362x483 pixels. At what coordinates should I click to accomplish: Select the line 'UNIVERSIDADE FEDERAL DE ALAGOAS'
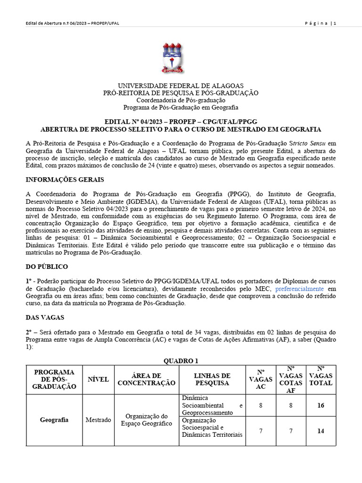click(181, 86)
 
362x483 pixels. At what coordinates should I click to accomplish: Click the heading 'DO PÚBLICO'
click(47, 266)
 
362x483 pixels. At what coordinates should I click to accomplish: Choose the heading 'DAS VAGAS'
click(45, 318)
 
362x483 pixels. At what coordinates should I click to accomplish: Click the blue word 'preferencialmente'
click(299, 288)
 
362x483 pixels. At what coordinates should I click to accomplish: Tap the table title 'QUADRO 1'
click(181, 361)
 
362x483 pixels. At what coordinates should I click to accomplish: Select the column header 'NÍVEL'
click(98, 379)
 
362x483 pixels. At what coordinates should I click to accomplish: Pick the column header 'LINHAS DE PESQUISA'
click(212, 379)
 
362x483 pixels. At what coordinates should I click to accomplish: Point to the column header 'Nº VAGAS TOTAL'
click(321, 376)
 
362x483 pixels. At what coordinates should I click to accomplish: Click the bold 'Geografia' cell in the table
click(54, 420)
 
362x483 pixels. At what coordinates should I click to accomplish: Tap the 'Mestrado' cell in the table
click(98, 420)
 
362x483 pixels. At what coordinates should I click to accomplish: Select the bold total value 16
click(321, 405)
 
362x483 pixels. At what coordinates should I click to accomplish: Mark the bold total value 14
click(321, 431)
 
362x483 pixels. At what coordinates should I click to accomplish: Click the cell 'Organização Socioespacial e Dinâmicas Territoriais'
click(212, 427)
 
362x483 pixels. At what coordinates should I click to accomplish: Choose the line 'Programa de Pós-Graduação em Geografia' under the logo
click(181, 107)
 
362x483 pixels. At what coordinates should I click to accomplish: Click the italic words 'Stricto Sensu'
click(306, 143)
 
